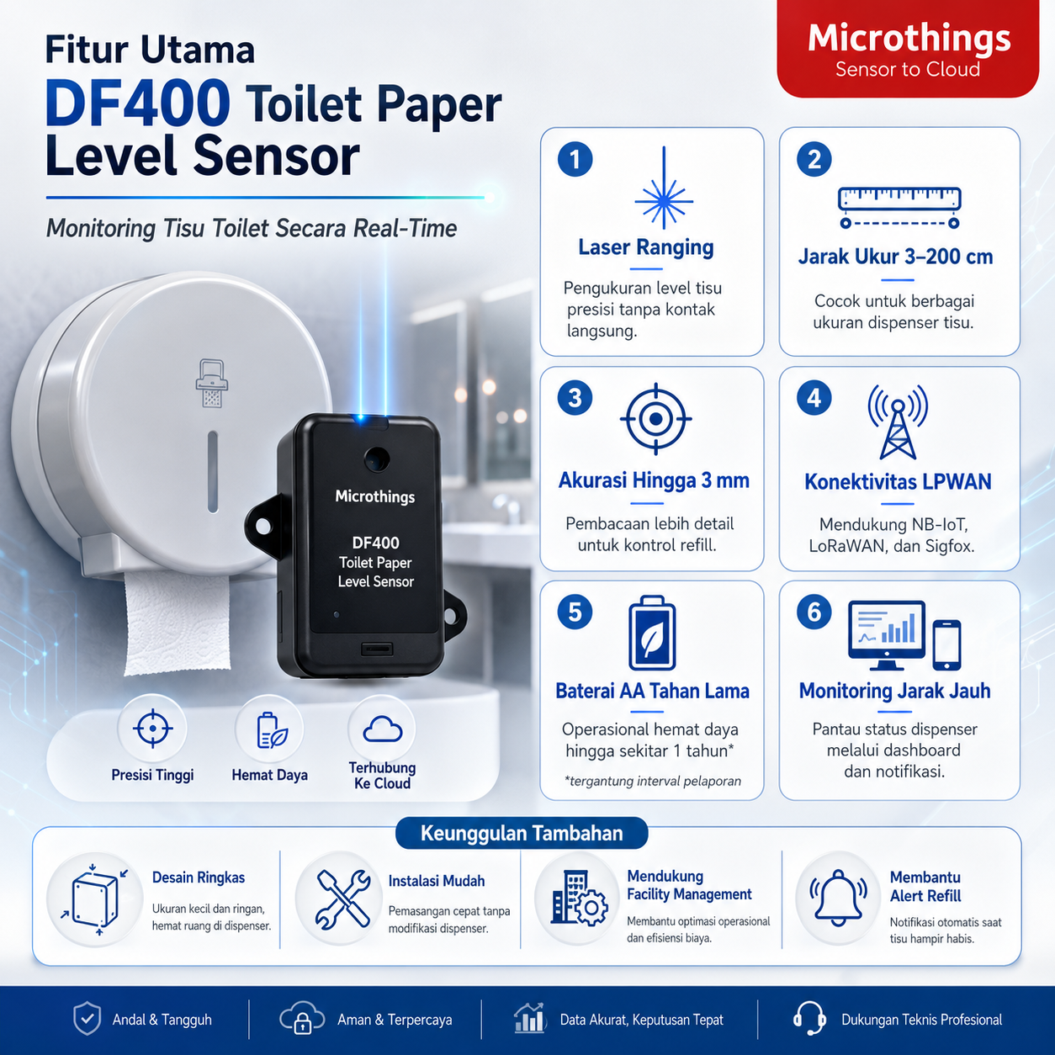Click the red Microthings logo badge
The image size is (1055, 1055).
click(x=908, y=49)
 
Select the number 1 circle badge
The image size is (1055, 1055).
click(x=575, y=159)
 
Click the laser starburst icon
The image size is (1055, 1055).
click(x=664, y=188)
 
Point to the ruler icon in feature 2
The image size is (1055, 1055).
click(x=899, y=208)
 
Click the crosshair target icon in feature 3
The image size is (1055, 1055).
click(x=656, y=419)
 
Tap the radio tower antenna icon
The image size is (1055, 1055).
click(x=898, y=421)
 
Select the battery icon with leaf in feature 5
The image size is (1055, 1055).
click(x=652, y=633)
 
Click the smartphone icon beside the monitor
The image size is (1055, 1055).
click(x=946, y=645)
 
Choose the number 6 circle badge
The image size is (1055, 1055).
click(x=814, y=612)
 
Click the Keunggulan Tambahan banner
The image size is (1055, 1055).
click(x=522, y=833)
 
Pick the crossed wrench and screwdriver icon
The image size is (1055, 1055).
click(x=342, y=899)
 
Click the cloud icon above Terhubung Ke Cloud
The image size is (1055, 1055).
click(x=382, y=729)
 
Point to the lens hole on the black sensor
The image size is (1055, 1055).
click(x=377, y=459)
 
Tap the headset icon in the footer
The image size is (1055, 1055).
click(x=809, y=1019)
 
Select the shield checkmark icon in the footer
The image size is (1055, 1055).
click(x=87, y=1018)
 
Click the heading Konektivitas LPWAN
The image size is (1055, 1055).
click(x=898, y=482)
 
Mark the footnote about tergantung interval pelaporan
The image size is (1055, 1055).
click(x=653, y=781)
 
